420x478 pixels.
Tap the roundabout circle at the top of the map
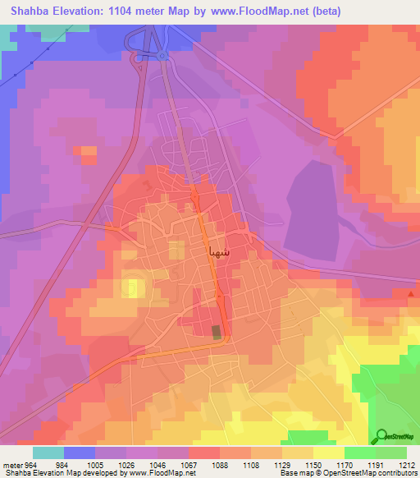click(x=162, y=56)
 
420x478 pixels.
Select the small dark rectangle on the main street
click(x=217, y=332)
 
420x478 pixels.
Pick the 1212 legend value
click(x=407, y=463)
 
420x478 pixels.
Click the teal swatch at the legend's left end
click(x=48, y=453)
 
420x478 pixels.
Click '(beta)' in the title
click(x=322, y=11)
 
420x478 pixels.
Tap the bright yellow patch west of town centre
click(x=131, y=287)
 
